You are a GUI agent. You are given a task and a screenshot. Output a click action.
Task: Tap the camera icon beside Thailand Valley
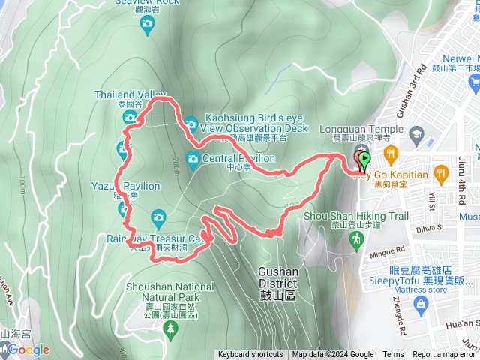click(130, 118)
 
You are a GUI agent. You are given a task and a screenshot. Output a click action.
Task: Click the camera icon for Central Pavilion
click(193, 158)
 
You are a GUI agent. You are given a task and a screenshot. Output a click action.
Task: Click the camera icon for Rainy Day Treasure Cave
click(158, 217)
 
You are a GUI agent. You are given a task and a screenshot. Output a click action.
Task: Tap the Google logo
click(28, 349)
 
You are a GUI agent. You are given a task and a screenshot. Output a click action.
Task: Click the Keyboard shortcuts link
click(250, 355)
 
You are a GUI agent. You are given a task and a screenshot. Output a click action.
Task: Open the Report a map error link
click(444, 355)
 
